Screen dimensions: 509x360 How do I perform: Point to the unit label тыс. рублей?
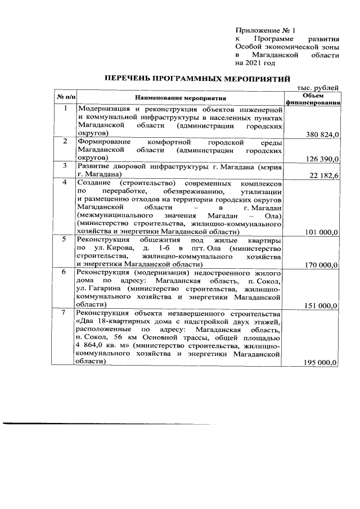tap(318, 88)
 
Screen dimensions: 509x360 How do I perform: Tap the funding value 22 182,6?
tap(324, 176)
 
